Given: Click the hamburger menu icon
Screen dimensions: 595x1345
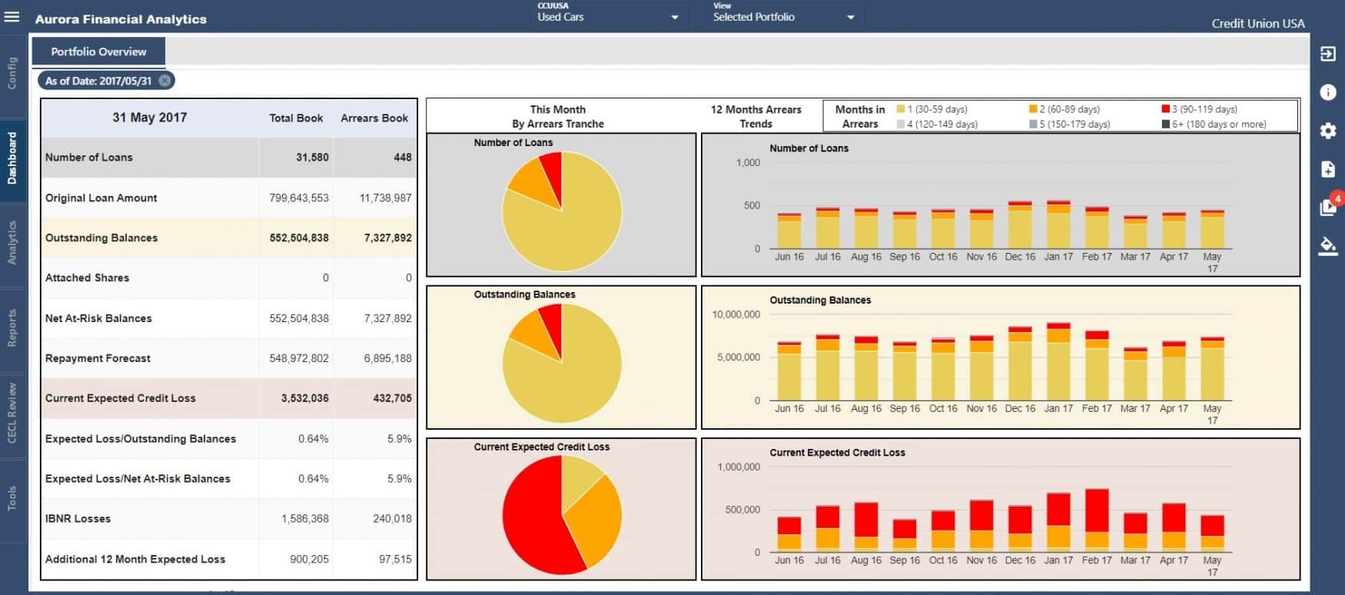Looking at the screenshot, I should click(12, 17).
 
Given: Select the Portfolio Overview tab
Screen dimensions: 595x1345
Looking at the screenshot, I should click(98, 52).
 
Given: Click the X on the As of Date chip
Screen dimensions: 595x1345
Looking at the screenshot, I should click(164, 81).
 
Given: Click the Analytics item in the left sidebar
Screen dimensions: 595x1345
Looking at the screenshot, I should click(12, 243).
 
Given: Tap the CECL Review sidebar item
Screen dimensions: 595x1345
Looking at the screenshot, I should click(12, 412).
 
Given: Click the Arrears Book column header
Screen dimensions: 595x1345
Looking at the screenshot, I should click(374, 118).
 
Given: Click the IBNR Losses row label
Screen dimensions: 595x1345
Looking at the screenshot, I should click(78, 519).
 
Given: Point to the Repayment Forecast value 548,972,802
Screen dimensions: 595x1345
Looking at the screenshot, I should click(299, 358).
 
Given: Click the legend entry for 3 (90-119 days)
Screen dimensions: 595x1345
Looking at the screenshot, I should click(1204, 109).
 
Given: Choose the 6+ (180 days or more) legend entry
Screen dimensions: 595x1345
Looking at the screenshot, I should click(1218, 124).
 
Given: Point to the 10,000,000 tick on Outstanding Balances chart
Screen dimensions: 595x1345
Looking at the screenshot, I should click(736, 314).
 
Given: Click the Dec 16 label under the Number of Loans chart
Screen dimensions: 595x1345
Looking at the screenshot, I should click(1020, 257).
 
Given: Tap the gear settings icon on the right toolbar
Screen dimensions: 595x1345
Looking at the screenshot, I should click(1327, 131).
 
